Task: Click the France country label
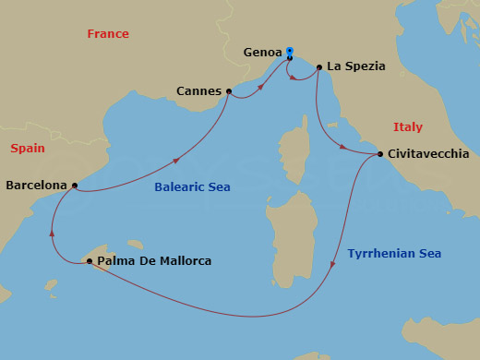[108, 34]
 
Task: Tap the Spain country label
[28, 149]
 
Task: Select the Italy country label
[407, 127]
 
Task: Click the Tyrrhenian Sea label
[394, 253]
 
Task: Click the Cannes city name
[198, 91]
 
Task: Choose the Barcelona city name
[36, 185]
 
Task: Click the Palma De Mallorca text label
[154, 261]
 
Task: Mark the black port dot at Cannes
[228, 91]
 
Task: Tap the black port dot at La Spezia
[319, 67]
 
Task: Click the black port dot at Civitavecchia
[380, 154]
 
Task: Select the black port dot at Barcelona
[73, 185]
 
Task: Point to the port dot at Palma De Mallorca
[89, 262]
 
